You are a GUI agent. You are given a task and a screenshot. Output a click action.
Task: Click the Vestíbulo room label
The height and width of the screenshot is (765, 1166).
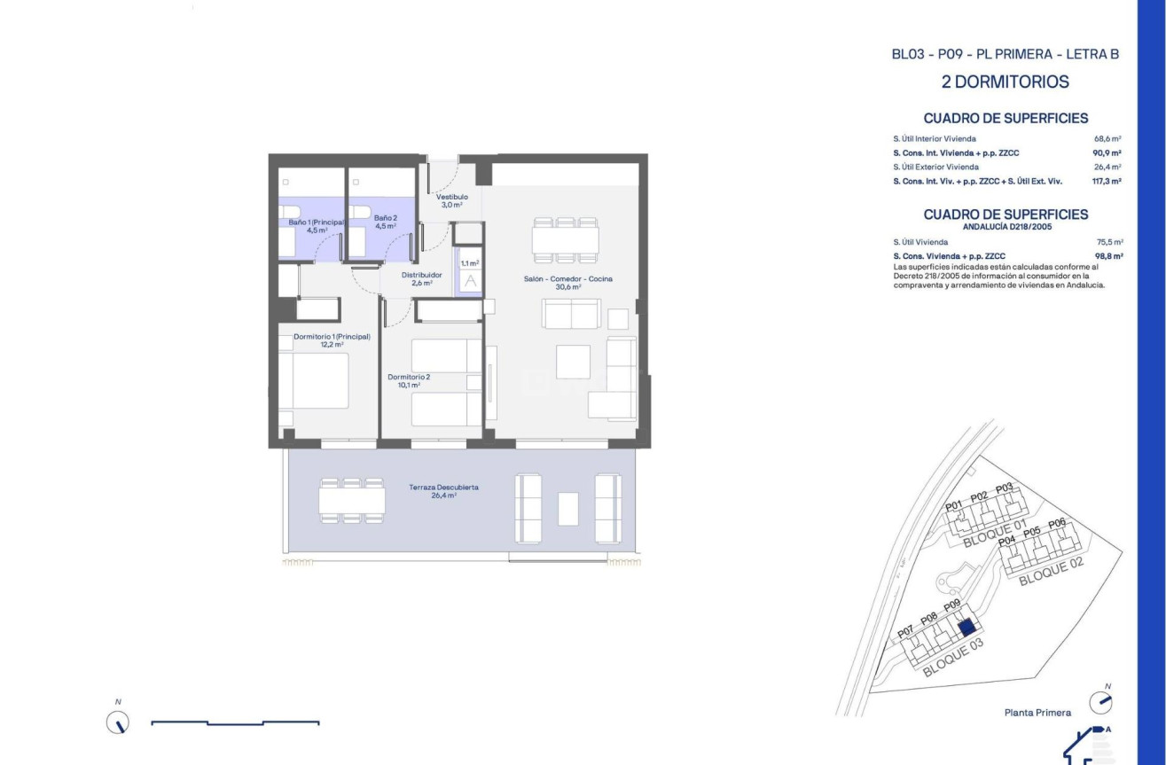451,200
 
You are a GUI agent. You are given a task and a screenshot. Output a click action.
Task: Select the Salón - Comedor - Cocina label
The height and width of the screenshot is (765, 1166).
567,282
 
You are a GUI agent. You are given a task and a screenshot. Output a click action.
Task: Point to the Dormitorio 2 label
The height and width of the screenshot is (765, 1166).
409,380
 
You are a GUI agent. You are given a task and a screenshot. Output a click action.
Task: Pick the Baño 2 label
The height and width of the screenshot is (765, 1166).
385,222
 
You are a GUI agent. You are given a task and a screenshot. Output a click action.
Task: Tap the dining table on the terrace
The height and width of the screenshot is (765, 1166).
352,502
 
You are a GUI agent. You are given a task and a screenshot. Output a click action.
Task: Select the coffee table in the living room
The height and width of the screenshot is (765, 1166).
573,362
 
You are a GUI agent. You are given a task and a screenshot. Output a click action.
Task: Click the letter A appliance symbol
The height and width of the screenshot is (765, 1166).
470,281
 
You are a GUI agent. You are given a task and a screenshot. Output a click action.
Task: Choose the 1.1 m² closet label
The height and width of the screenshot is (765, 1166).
469,263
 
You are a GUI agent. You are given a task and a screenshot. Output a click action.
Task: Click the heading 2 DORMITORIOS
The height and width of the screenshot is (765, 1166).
1005,82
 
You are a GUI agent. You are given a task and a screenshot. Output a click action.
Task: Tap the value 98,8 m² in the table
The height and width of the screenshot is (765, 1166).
1108,256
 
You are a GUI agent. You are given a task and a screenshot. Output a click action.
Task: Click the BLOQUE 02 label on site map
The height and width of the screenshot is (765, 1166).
1051,574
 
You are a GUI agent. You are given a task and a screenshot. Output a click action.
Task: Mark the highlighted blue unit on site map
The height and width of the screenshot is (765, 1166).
966,628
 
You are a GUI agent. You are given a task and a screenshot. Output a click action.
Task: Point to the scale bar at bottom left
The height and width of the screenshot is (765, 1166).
235,723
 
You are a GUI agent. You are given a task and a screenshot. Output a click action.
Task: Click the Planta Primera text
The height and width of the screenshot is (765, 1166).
1037,713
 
